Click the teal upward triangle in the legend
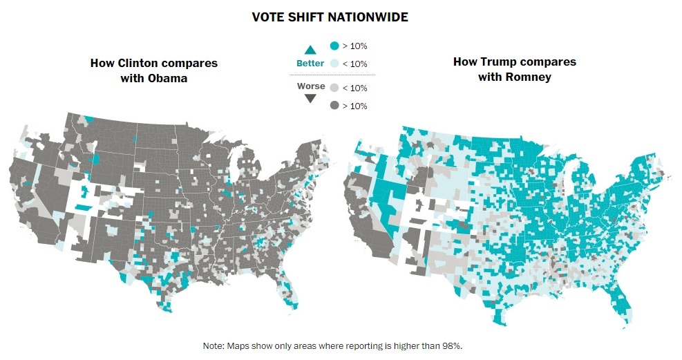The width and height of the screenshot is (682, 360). click(x=310, y=49)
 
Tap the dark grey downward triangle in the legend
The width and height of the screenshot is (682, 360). click(x=310, y=98)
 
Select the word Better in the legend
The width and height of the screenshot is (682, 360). click(x=310, y=64)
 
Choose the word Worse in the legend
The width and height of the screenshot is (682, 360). click(x=310, y=86)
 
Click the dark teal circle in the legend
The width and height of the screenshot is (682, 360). click(x=334, y=46)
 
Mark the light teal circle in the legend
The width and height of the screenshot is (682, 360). click(x=334, y=64)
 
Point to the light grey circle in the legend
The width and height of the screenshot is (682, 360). click(x=334, y=88)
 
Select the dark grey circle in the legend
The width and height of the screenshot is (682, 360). click(x=334, y=106)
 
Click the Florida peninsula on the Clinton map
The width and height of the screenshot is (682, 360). click(x=291, y=293)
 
